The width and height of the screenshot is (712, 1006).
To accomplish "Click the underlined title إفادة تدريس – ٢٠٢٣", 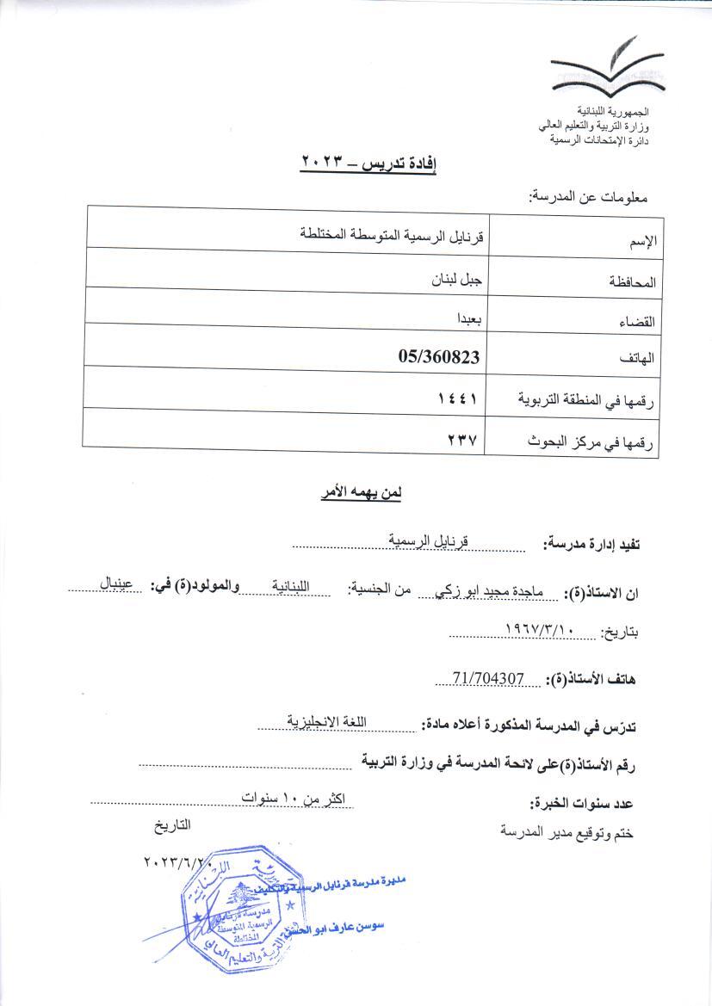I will [368, 162].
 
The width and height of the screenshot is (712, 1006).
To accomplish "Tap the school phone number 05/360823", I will [439, 355].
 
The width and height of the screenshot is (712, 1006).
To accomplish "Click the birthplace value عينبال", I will [116, 583].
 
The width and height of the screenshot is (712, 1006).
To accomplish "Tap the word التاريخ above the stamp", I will [170, 825].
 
